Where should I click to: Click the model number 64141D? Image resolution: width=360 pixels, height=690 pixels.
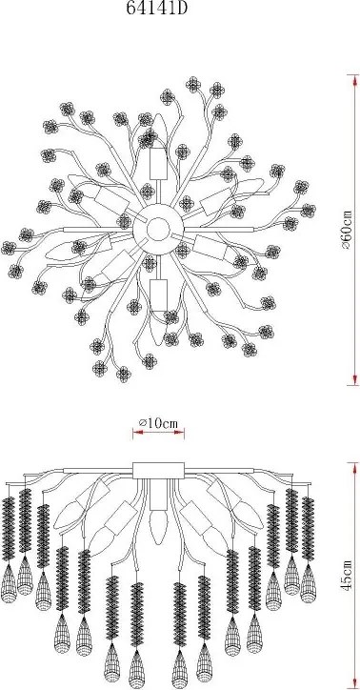click(157, 9)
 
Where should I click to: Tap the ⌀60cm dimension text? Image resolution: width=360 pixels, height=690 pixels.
click(347, 230)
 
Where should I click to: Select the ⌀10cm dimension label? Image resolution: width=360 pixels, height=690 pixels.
click(158, 423)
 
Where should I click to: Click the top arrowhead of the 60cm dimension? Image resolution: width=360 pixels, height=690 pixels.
click(354, 80)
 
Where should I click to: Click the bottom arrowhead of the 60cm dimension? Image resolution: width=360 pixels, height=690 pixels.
click(354, 379)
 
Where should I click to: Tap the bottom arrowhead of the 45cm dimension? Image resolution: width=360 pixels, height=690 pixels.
click(354, 683)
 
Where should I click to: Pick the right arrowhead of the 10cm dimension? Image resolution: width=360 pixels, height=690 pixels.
click(178, 433)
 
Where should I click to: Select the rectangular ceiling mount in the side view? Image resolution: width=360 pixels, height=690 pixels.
click(158, 471)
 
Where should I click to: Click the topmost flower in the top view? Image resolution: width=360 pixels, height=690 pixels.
click(192, 84)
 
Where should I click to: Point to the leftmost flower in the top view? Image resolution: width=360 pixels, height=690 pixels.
click(8, 248)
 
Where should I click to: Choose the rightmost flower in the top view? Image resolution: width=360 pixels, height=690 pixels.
click(309, 211)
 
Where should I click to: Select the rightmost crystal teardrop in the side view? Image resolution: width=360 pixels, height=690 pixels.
click(309, 582)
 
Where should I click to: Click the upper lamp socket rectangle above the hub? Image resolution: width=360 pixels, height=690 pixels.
click(158, 164)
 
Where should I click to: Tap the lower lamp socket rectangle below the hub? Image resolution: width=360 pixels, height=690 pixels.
click(158, 294)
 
